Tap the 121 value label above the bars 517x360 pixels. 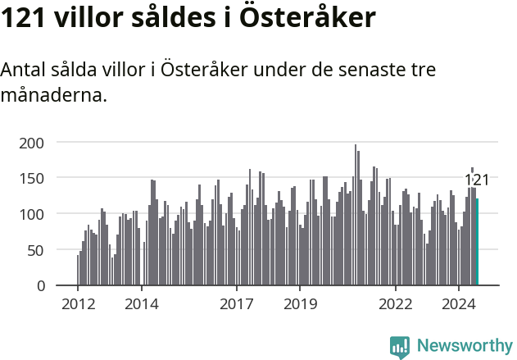[x=477, y=180]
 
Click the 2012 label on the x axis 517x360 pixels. [x=78, y=304]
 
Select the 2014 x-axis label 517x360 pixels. [x=142, y=304]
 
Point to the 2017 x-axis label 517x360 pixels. [x=237, y=304]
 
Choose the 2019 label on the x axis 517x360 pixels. [x=300, y=304]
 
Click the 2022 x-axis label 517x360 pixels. [x=396, y=304]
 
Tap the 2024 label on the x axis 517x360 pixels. [x=459, y=304]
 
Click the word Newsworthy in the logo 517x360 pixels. [x=465, y=346]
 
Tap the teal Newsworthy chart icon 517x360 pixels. [x=400, y=347]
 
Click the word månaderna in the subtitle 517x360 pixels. [x=53, y=95]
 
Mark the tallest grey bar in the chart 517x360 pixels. [x=356, y=215]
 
